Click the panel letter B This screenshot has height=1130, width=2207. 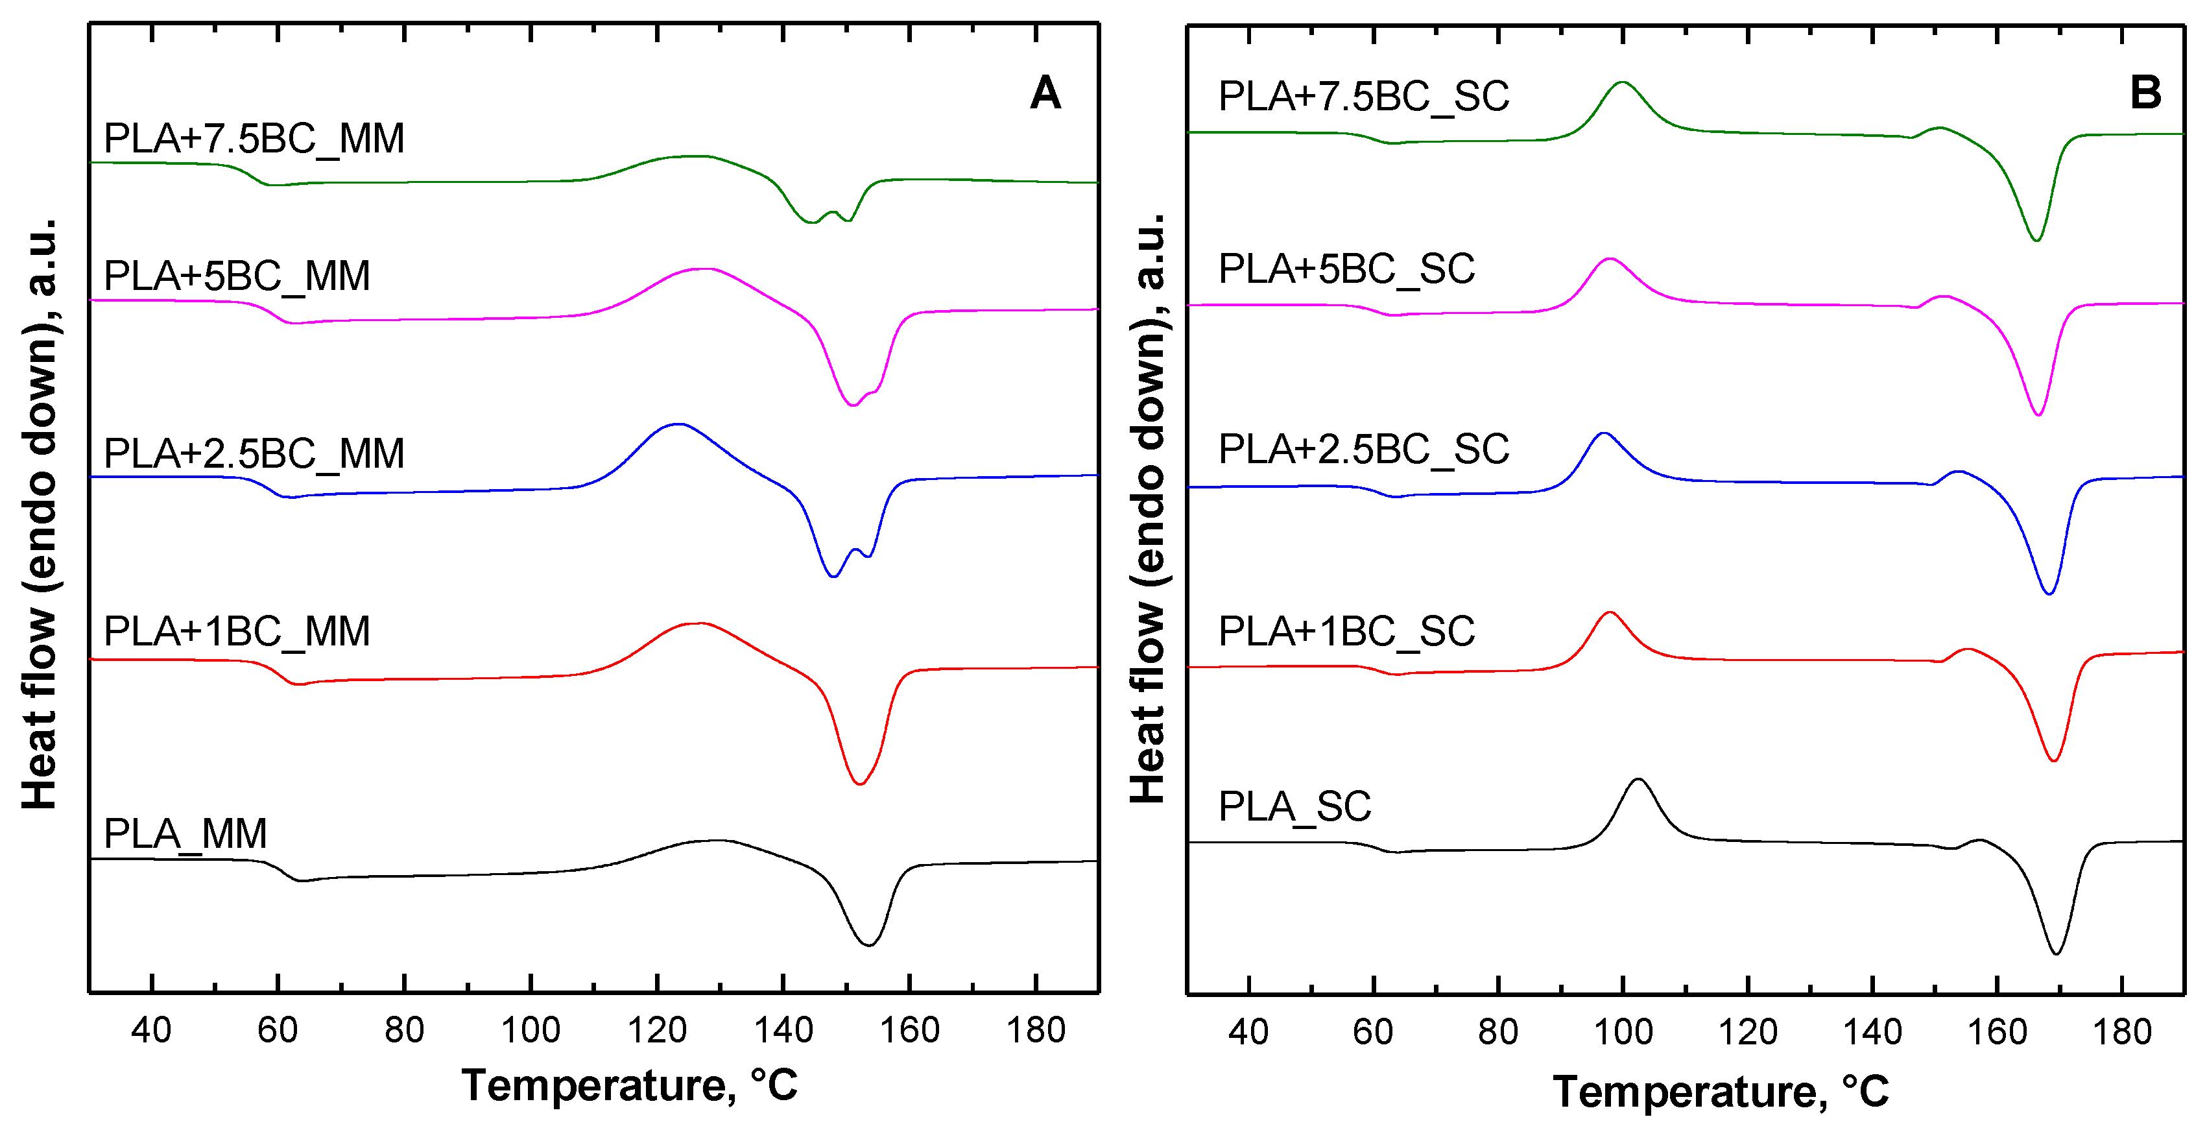point(2145,93)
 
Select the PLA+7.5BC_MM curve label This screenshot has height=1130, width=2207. point(254,139)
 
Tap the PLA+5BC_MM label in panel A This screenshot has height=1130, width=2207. point(237,276)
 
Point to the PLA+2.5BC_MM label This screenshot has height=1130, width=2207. point(254,453)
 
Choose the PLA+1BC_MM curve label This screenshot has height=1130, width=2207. point(237,631)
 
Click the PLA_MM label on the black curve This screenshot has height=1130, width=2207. point(185,834)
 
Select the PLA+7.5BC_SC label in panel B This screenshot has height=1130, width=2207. point(1363,96)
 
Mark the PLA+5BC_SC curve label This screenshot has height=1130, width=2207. point(1346,269)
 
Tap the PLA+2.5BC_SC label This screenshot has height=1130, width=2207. point(1363,449)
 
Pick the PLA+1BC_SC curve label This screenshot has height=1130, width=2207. point(1346,631)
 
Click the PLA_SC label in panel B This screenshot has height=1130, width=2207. point(1294,806)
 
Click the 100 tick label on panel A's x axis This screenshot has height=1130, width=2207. point(531,1029)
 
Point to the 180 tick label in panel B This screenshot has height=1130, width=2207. point(2121,1031)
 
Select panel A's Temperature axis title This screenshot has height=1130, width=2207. point(630,1085)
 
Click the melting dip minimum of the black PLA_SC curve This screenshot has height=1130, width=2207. point(2056,954)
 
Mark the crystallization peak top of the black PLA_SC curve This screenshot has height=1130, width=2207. point(1638,780)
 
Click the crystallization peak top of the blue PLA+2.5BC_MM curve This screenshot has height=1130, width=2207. point(678,424)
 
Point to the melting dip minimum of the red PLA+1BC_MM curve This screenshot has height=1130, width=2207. point(859,784)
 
